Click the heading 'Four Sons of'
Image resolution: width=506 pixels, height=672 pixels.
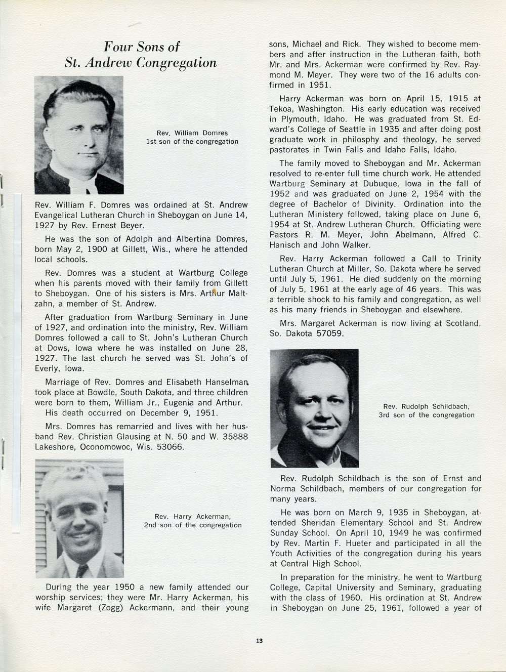[141, 47]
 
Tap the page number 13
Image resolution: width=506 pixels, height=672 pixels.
[259, 641]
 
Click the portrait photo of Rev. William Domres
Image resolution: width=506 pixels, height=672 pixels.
[79, 135]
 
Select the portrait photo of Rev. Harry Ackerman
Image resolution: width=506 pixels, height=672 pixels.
[79, 518]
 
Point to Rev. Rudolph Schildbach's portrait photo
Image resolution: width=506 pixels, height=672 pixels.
[314, 408]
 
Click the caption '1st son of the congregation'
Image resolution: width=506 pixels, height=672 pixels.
[192, 142]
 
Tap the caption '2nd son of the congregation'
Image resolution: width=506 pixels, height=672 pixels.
[192, 525]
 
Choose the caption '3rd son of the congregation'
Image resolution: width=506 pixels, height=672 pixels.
[426, 415]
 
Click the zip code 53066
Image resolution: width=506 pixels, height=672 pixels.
[170, 447]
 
